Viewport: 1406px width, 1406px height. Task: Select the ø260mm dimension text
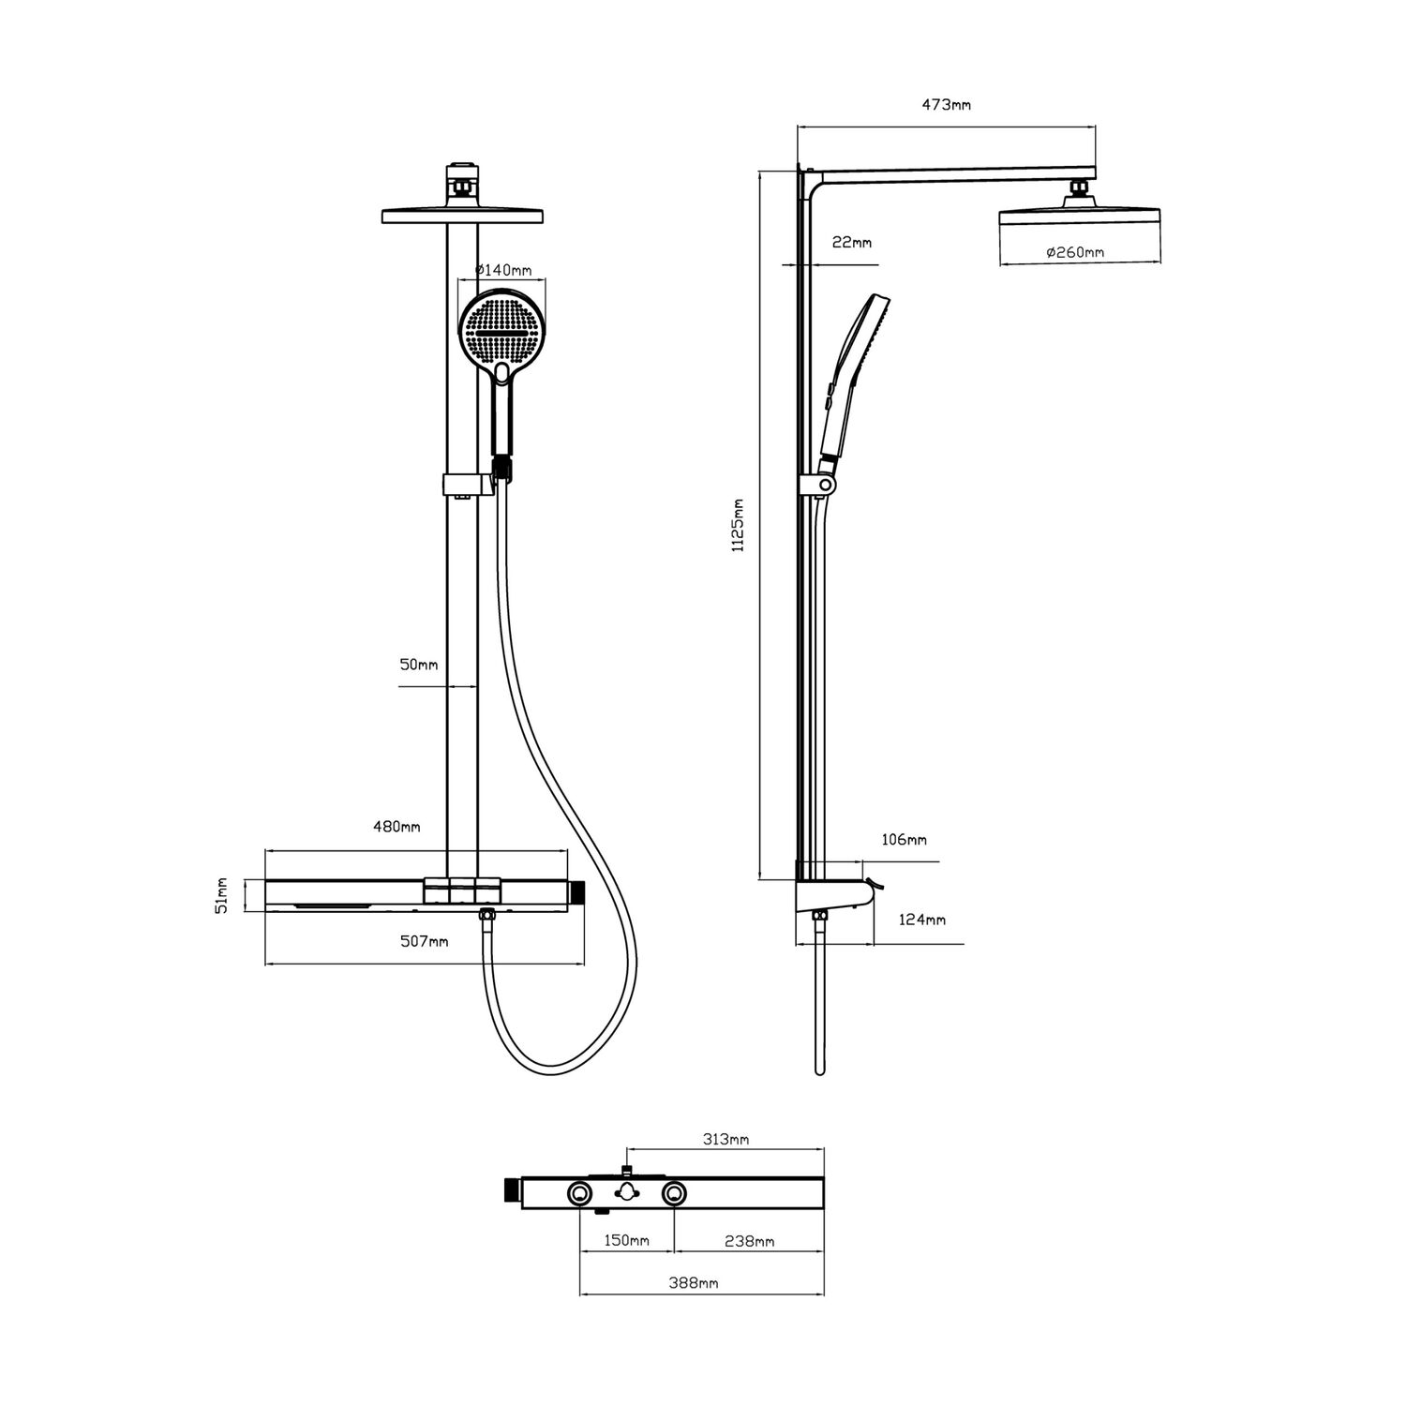pyautogui.click(x=1074, y=252)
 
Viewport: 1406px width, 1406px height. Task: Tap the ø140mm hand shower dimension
pyautogui.click(x=503, y=270)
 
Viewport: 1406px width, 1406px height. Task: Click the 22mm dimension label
pyautogui.click(x=851, y=243)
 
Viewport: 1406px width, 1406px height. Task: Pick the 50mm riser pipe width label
pyautogui.click(x=419, y=665)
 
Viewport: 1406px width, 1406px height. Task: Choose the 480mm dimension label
pyautogui.click(x=397, y=826)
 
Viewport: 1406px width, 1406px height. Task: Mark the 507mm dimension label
pyautogui.click(x=424, y=941)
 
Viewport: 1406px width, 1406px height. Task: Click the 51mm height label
pyautogui.click(x=222, y=895)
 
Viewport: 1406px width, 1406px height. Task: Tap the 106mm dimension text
pyautogui.click(x=904, y=840)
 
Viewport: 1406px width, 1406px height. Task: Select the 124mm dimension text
pyautogui.click(x=922, y=920)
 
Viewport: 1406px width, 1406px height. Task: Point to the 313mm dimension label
pyautogui.click(x=725, y=1140)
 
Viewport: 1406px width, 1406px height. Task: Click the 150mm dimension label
pyautogui.click(x=626, y=1241)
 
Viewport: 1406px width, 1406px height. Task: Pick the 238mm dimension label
pyautogui.click(x=751, y=1241)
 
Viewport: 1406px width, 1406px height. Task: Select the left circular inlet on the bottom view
pyautogui.click(x=579, y=1193)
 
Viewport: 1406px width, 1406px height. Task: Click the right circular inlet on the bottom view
pyautogui.click(x=674, y=1193)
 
